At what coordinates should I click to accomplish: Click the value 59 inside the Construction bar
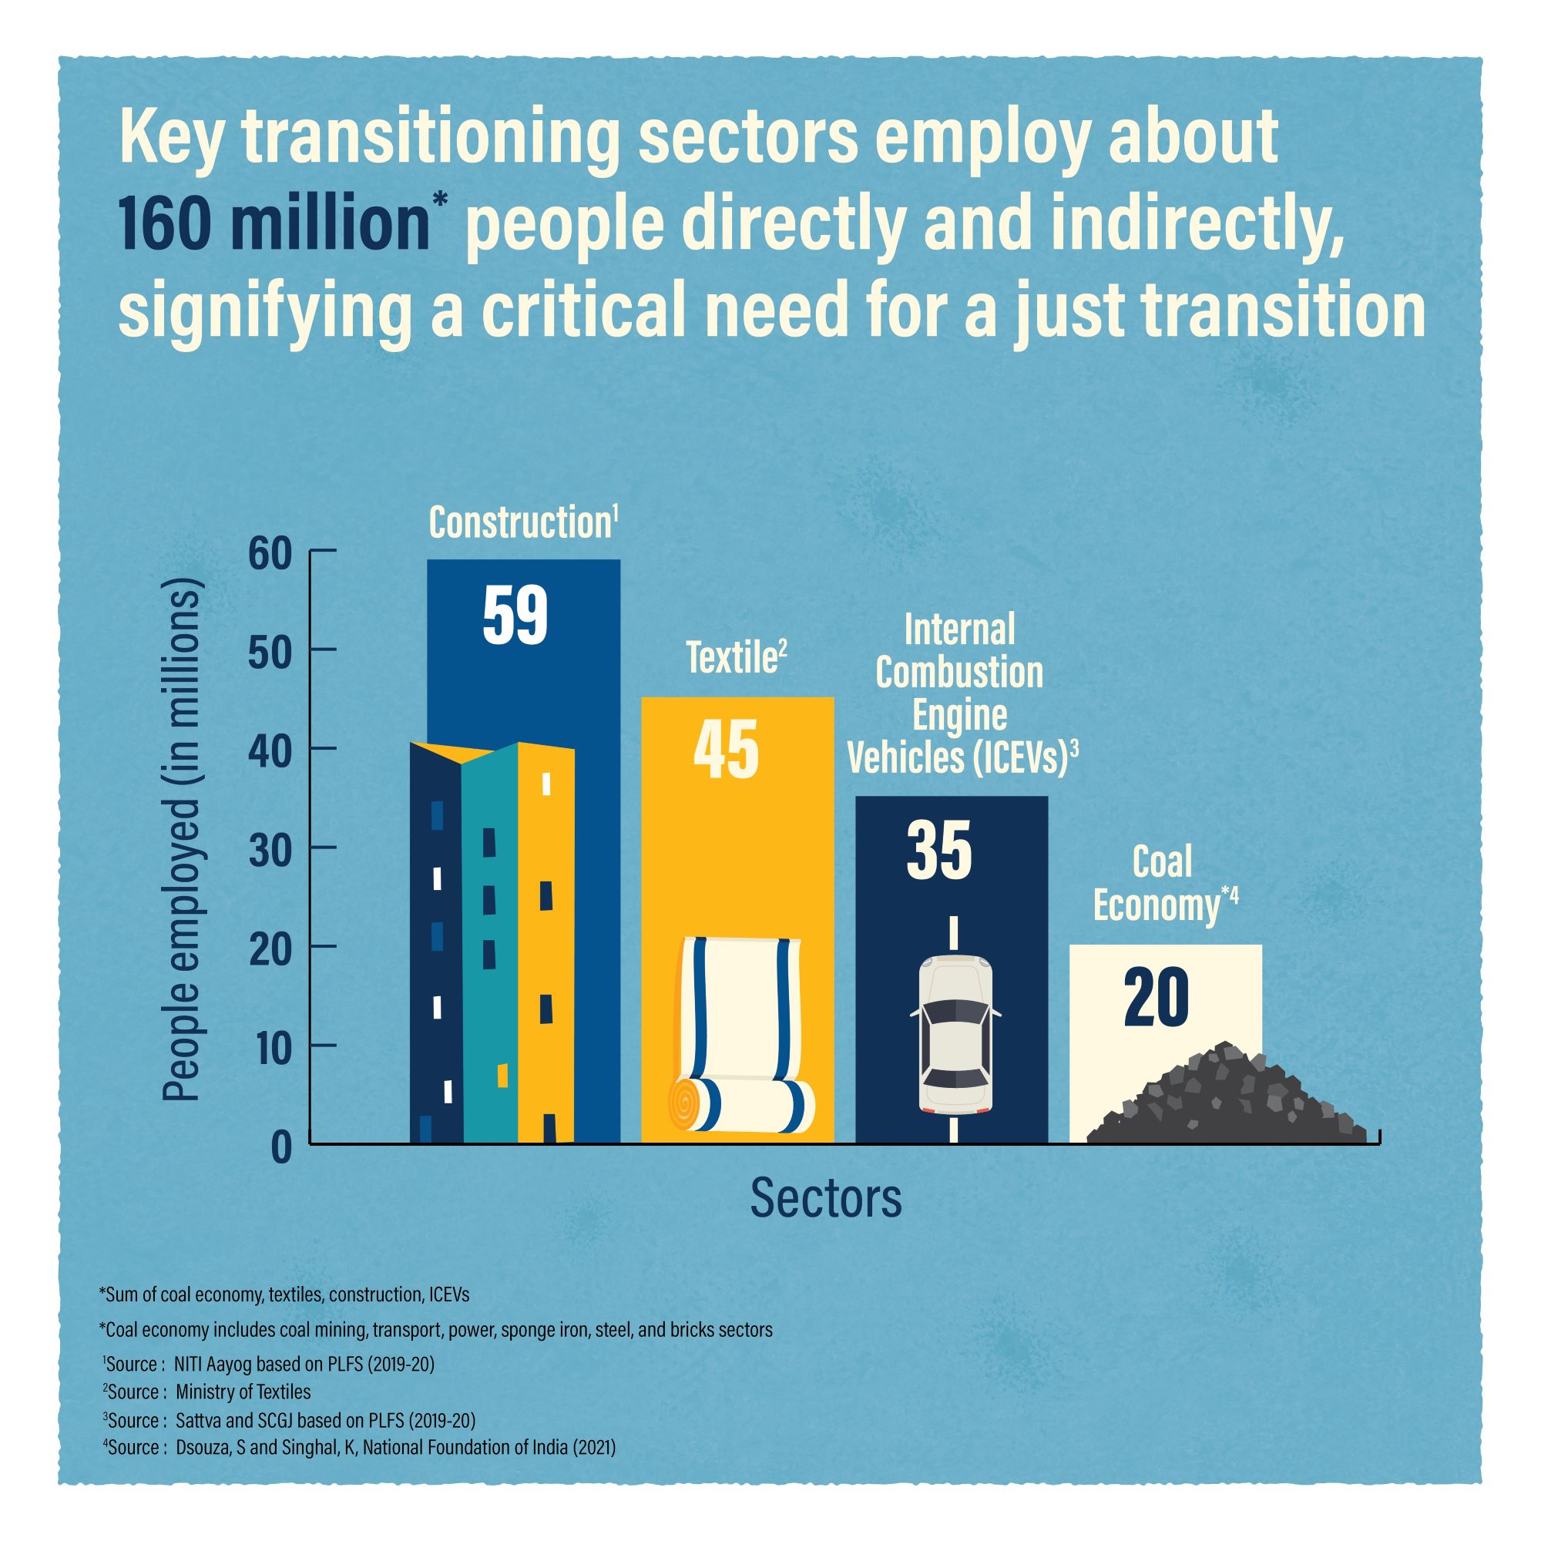(515, 616)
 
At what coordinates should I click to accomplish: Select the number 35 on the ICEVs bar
(939, 851)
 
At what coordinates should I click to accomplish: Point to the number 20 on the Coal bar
(1157, 999)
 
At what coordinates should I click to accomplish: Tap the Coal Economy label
(1163, 885)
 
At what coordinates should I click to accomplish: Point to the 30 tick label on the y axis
(270, 848)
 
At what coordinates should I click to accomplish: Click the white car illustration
(955, 1035)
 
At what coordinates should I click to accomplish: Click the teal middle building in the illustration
(489, 949)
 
